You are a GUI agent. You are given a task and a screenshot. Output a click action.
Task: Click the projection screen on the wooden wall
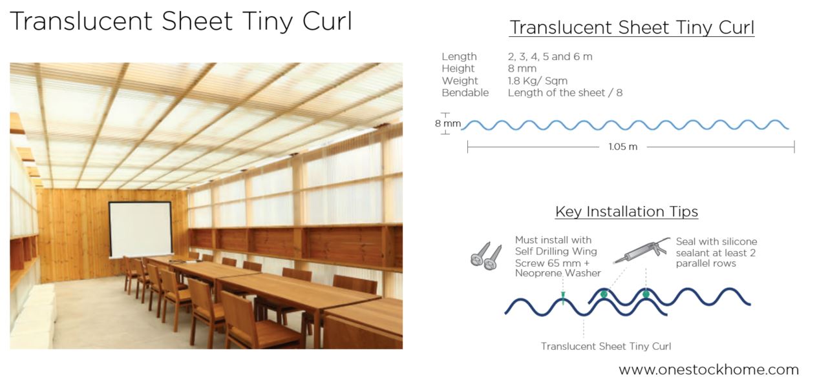point(140,229)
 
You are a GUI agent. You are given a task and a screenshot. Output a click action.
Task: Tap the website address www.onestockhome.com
point(708,370)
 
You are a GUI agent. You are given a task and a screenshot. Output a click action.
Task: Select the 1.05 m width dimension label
point(622,147)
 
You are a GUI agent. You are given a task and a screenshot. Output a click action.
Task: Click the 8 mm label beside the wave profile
point(447,123)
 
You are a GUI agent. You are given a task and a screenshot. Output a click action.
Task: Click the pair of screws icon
point(486,256)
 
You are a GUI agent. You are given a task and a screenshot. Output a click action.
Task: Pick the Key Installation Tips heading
point(626,212)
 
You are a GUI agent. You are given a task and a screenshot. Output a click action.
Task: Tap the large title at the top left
point(181,22)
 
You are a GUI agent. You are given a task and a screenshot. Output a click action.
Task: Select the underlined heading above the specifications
point(631,28)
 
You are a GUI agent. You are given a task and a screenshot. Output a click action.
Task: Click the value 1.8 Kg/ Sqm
point(537,81)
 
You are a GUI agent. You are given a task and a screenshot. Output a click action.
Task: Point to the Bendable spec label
point(465,93)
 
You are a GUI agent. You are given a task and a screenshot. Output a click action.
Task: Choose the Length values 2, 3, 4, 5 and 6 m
point(549,57)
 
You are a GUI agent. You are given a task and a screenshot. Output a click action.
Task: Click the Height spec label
point(458,68)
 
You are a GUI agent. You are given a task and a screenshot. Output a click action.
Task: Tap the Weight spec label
point(460,81)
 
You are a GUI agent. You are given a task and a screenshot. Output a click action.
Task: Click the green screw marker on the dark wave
point(563,298)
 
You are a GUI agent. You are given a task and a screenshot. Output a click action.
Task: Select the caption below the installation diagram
point(606,347)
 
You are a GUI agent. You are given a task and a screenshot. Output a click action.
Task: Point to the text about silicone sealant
point(716,252)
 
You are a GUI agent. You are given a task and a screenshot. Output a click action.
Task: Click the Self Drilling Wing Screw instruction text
point(557,256)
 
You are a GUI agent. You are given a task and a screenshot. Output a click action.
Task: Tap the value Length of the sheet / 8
point(565,93)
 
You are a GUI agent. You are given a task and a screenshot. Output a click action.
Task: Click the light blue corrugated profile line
point(624,125)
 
